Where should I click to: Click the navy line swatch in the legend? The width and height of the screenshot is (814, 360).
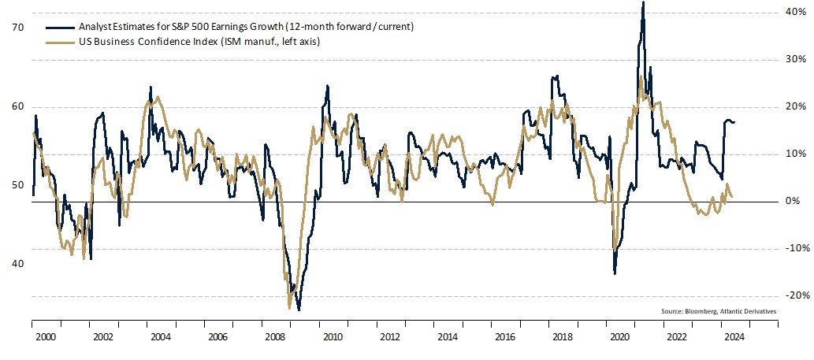point(57,27)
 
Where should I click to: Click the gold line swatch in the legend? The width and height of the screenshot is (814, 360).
point(57,41)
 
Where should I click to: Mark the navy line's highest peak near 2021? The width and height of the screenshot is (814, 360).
point(643,2)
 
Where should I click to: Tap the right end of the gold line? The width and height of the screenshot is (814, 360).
point(733,196)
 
